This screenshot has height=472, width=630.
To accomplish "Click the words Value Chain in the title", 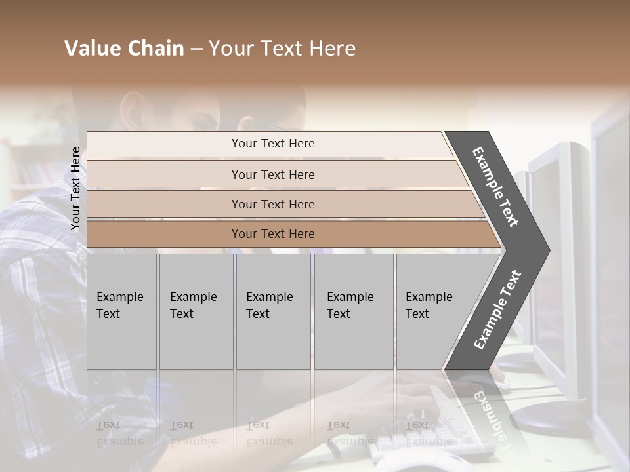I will pos(124,49).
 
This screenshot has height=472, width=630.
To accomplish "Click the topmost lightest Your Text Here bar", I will pos(272,144).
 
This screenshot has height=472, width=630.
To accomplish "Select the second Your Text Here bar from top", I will pos(272,174).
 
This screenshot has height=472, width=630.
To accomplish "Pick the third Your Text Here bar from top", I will pos(272,204).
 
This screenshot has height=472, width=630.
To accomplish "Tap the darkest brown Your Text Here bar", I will pos(272,234).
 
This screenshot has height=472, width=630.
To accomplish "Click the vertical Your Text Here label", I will pos(75,188).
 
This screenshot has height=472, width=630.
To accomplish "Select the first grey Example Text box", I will pos(121,311).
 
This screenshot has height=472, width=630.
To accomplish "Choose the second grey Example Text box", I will pos(196,311).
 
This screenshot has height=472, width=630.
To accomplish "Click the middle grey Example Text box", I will pos(273,311).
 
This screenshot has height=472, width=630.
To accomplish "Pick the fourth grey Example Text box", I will pos(353,311).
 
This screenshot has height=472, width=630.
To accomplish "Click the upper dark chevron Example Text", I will pos(495,186).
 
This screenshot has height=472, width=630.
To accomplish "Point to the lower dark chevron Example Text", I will pos(497,310).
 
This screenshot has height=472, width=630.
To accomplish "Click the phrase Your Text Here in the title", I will pos(282,49).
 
